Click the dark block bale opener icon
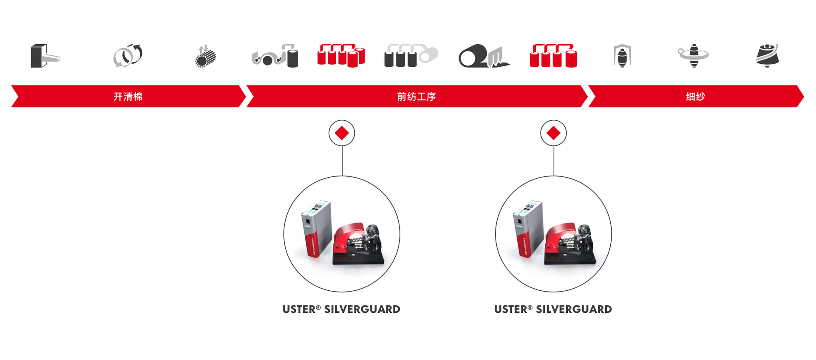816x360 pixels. point(44,56)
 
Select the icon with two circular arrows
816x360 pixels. point(127,56)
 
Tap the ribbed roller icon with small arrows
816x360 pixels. point(206,56)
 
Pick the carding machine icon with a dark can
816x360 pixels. point(275,56)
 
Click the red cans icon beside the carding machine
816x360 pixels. point(341,56)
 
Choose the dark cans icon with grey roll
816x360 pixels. point(410,56)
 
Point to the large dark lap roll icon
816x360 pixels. point(483,56)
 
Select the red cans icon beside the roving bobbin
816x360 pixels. point(553,56)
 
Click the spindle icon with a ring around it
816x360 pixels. point(693,56)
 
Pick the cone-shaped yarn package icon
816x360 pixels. point(768,56)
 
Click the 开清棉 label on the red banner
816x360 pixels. point(128,96)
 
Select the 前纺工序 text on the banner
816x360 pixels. point(416,96)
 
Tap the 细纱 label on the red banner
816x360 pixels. point(695,96)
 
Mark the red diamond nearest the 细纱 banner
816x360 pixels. point(553,133)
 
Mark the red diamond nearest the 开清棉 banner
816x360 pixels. point(342,133)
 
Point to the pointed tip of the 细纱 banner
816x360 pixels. point(802,96)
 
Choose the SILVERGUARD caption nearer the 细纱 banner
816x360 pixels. point(553,309)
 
